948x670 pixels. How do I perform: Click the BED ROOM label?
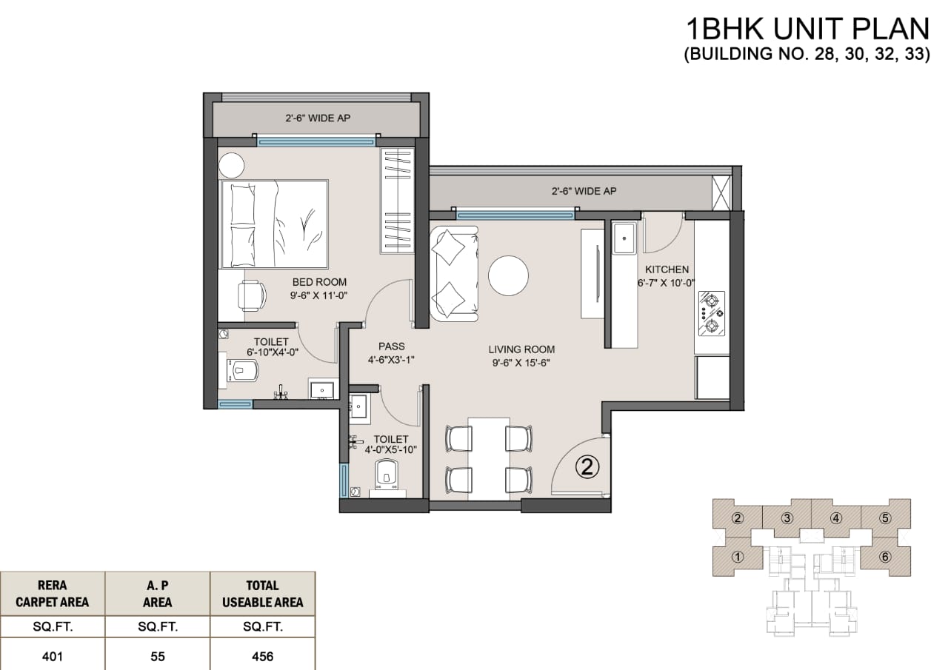pyautogui.click(x=319, y=282)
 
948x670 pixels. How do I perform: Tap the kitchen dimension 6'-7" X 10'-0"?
pyautogui.click(x=666, y=283)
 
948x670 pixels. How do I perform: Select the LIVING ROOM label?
pyautogui.click(x=521, y=349)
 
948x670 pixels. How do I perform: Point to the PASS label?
pyautogui.click(x=392, y=346)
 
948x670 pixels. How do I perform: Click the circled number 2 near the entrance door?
pyautogui.click(x=587, y=467)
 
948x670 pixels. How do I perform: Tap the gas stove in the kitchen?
pyautogui.click(x=711, y=313)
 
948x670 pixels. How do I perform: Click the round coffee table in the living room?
pyautogui.click(x=508, y=276)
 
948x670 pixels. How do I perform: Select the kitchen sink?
pyautogui.click(x=624, y=238)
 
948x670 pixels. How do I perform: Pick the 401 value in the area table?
pyautogui.click(x=53, y=657)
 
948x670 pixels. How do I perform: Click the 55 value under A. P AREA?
pyautogui.click(x=158, y=657)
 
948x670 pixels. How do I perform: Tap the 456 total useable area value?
pyautogui.click(x=262, y=657)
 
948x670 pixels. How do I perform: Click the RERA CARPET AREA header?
pyautogui.click(x=53, y=594)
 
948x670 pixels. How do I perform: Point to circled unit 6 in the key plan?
pyautogui.click(x=885, y=557)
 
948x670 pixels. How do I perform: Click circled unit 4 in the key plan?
pyautogui.click(x=836, y=518)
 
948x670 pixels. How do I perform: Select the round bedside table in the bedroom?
pyautogui.click(x=231, y=165)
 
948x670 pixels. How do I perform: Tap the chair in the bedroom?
pyautogui.click(x=252, y=296)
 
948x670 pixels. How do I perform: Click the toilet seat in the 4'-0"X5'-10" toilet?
pyautogui.click(x=387, y=472)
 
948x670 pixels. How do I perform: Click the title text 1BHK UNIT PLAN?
pyautogui.click(x=807, y=29)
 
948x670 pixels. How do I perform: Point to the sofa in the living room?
pyautogui.click(x=455, y=274)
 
